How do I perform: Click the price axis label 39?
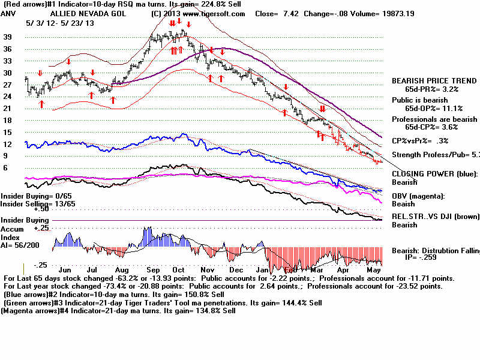coord(8,37)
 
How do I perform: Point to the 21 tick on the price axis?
coord(8,109)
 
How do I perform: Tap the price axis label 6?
coord(5,168)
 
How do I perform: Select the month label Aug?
coord(121,271)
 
